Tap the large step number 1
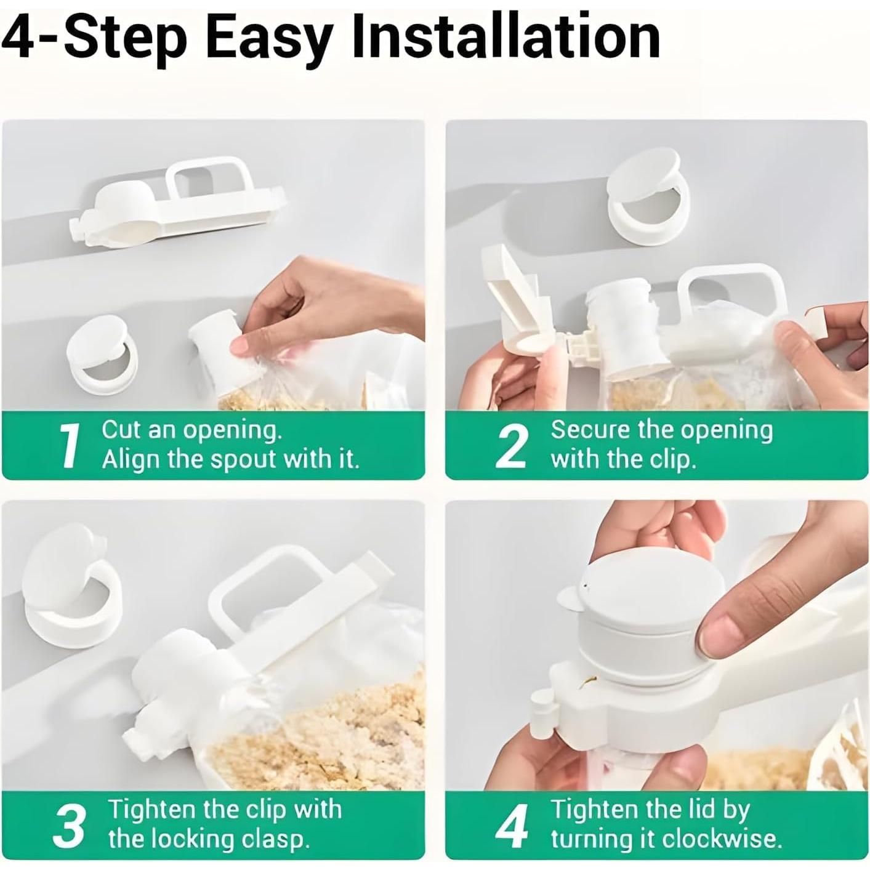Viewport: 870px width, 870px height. tap(68, 446)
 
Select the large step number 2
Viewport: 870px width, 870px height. tap(510, 446)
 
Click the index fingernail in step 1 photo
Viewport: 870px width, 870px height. tap(240, 347)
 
